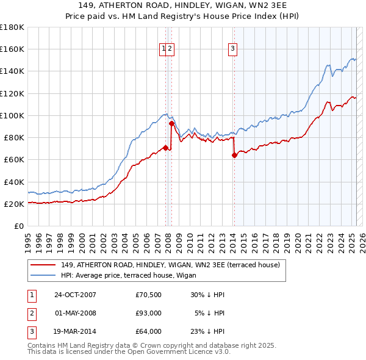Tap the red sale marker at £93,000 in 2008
coord(172,123)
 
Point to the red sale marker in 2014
coord(234,155)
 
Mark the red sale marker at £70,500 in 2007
coord(166,148)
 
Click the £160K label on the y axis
coord(13,49)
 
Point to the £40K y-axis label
coord(15,182)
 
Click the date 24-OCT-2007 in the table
coord(76,294)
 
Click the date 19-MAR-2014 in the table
coord(76,332)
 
